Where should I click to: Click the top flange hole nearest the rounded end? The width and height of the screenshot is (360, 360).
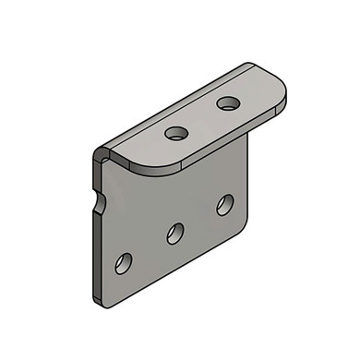point(228,102)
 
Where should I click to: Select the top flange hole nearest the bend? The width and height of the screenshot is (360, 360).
point(176,133)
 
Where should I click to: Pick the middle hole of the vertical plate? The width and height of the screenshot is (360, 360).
point(175,233)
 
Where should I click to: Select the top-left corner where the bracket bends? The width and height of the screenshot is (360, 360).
point(100,155)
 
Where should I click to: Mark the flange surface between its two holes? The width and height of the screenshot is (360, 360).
point(202,118)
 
